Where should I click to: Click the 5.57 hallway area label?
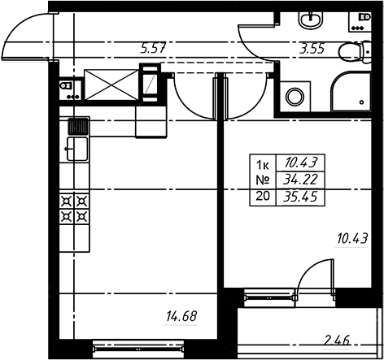click(153, 49)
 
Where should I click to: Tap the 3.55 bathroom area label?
click(312, 49)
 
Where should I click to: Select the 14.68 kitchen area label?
click(181, 316)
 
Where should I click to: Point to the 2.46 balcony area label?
click(337, 340)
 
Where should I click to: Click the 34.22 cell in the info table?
click(300, 179)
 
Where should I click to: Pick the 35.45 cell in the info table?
click(300, 197)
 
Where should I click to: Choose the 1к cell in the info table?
click(263, 165)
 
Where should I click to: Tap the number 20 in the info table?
click(263, 196)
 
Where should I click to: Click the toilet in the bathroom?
click(355, 52)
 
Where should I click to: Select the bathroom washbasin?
click(311, 20)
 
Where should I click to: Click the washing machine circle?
click(295, 97)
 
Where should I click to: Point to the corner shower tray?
click(351, 91)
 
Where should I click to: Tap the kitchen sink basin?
click(77, 149)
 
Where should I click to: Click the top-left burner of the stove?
click(67, 202)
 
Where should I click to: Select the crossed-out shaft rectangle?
click(111, 85)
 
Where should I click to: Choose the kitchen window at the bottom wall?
click(137, 349)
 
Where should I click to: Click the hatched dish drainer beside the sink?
click(78, 127)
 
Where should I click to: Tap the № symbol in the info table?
click(263, 180)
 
